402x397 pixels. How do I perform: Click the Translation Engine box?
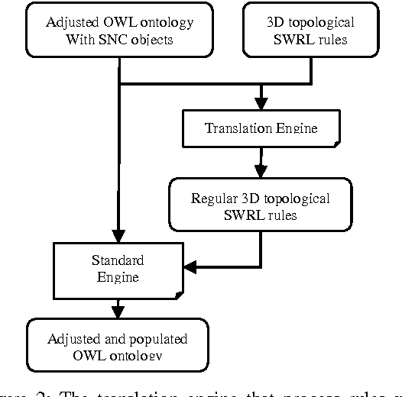(x=261, y=127)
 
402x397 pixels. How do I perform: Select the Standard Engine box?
(x=117, y=268)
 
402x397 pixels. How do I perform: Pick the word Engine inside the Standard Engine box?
(x=117, y=276)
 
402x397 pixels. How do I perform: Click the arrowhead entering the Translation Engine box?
(x=261, y=103)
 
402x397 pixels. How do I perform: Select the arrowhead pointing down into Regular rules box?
(x=261, y=172)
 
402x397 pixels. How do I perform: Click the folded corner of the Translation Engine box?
(x=336, y=142)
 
